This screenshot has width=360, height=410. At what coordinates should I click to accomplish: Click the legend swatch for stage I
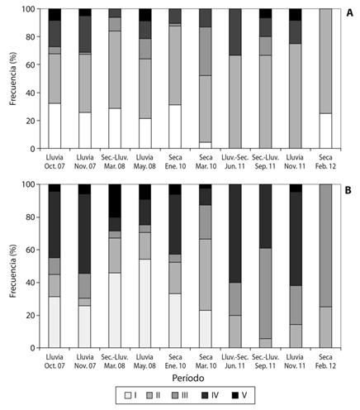point(128,395)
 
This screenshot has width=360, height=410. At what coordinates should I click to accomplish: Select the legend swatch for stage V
point(234,395)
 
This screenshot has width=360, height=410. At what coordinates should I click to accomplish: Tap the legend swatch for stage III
point(174,395)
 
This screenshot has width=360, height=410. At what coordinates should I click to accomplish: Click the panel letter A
point(349,12)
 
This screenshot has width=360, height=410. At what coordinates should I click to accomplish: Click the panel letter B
point(348,190)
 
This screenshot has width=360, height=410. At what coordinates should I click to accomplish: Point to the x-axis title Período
point(188,378)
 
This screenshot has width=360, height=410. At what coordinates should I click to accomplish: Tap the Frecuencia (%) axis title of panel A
point(12,79)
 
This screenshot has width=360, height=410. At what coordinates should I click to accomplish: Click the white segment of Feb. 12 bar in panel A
point(325,131)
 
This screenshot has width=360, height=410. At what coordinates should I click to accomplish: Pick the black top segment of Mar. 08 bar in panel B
point(115,201)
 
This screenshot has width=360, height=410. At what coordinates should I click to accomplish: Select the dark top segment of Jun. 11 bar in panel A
point(235,32)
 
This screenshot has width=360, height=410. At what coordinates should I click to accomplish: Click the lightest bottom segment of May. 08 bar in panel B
point(144,303)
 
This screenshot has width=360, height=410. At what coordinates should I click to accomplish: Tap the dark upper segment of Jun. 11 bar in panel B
point(235,233)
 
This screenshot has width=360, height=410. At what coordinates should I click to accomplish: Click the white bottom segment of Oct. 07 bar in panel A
point(54,126)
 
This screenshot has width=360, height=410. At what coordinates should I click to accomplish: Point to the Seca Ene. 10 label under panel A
point(175,162)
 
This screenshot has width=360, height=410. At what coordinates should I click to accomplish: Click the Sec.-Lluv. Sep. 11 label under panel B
point(265,361)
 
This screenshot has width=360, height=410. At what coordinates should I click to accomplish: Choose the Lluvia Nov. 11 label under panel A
point(295,162)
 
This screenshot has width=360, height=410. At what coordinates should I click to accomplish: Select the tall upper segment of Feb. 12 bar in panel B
point(325,246)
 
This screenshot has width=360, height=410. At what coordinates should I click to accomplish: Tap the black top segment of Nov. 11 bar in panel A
point(296,15)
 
